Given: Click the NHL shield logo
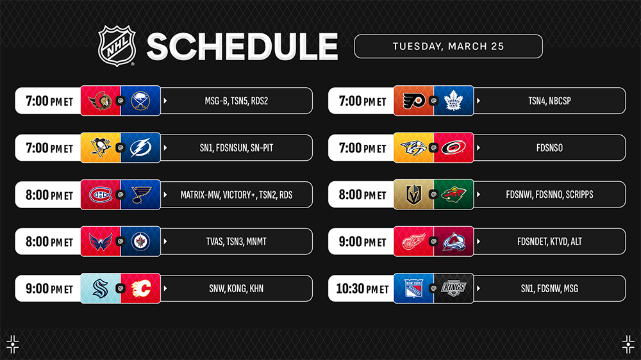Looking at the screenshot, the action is point(117,45).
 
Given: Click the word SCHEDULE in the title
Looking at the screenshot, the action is point(242,47).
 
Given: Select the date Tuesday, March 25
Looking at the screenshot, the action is point(449,46).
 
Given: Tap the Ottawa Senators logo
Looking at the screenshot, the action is point(101,101).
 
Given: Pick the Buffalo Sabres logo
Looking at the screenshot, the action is point(140,101).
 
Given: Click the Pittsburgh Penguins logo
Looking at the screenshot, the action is point(101,147).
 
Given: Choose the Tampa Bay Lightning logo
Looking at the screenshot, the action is point(140,148).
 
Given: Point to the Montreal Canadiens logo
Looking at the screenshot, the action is point(101,195).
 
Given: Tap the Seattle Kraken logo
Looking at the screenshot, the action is point(101,288).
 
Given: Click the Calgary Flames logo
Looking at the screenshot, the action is point(141,288).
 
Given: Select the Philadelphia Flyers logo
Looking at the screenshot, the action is point(413,101).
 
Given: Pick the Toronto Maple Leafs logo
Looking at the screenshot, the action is point(453,101).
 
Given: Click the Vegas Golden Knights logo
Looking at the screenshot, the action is point(413,195).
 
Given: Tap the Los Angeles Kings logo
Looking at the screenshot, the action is point(454,288).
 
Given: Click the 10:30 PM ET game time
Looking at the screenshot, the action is point(362,288).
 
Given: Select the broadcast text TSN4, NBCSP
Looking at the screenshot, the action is point(549,101).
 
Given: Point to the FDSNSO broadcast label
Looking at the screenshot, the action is point(549,148).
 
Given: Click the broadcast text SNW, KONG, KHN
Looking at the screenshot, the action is point(237,288).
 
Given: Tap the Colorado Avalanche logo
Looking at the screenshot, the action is point(454,241).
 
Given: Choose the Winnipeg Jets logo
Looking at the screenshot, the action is point(140,241).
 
